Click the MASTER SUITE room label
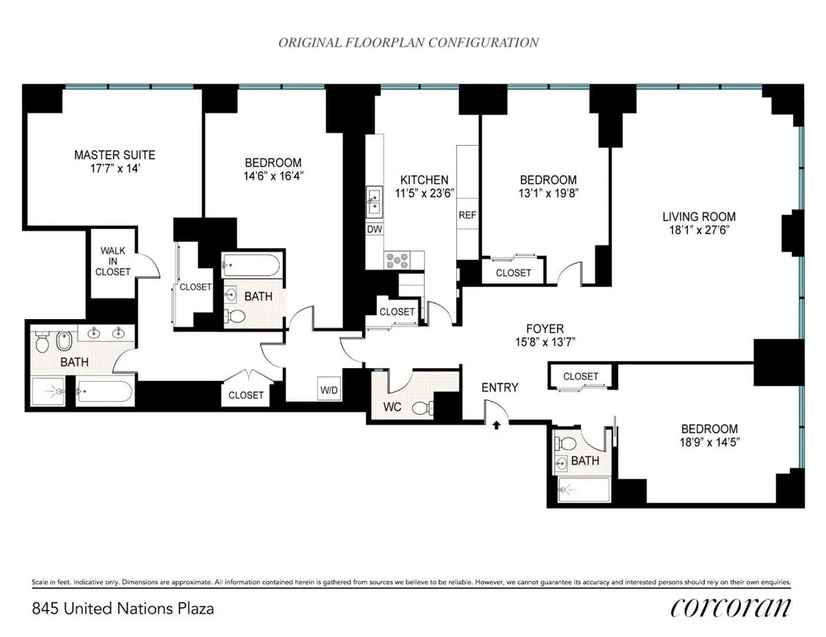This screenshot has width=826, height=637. click(x=114, y=155)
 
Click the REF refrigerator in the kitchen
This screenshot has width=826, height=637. click(x=467, y=215)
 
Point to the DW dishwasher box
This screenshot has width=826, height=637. click(x=374, y=229)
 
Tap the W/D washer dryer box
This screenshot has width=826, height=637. click(x=329, y=390)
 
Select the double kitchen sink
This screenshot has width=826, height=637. click(x=374, y=201)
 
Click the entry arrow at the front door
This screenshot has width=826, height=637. click(x=496, y=426)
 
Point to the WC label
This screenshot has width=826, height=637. click(x=392, y=407)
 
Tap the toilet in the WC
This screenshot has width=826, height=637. click(x=422, y=408)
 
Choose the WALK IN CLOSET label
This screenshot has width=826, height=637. click(x=114, y=261)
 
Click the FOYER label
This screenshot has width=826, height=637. click(x=544, y=329)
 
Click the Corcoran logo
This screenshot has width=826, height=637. click(x=730, y=607)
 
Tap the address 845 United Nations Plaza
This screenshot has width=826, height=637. click(x=123, y=609)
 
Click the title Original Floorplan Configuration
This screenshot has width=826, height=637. click(x=408, y=43)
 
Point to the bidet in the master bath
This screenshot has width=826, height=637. click(x=62, y=341)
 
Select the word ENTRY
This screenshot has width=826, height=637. click(x=499, y=387)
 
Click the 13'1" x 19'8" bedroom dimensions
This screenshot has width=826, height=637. click(x=548, y=193)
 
